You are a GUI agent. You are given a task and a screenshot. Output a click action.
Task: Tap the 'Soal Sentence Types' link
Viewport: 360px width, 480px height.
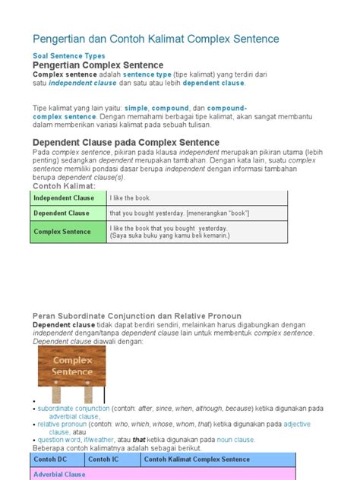(68, 56)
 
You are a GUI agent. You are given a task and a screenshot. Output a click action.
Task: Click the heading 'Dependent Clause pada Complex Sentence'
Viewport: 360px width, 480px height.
(125, 142)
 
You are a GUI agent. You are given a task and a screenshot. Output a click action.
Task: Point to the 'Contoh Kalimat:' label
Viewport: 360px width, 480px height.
(64, 186)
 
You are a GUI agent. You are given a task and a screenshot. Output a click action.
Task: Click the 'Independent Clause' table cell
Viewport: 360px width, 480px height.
(64, 198)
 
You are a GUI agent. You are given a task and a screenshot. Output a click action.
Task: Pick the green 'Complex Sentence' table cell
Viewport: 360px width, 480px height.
(62, 232)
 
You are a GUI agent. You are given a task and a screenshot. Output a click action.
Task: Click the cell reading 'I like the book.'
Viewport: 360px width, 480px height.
(134, 198)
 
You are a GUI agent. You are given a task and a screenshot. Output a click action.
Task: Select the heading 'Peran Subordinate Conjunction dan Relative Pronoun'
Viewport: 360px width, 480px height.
(137, 315)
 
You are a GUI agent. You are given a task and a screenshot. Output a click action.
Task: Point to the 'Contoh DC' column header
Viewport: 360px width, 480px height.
(52, 459)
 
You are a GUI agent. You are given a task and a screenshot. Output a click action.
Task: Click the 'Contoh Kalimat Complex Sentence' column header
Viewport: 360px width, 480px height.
(197, 459)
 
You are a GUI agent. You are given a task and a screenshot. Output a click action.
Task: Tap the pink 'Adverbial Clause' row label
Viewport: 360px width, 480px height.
(59, 475)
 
